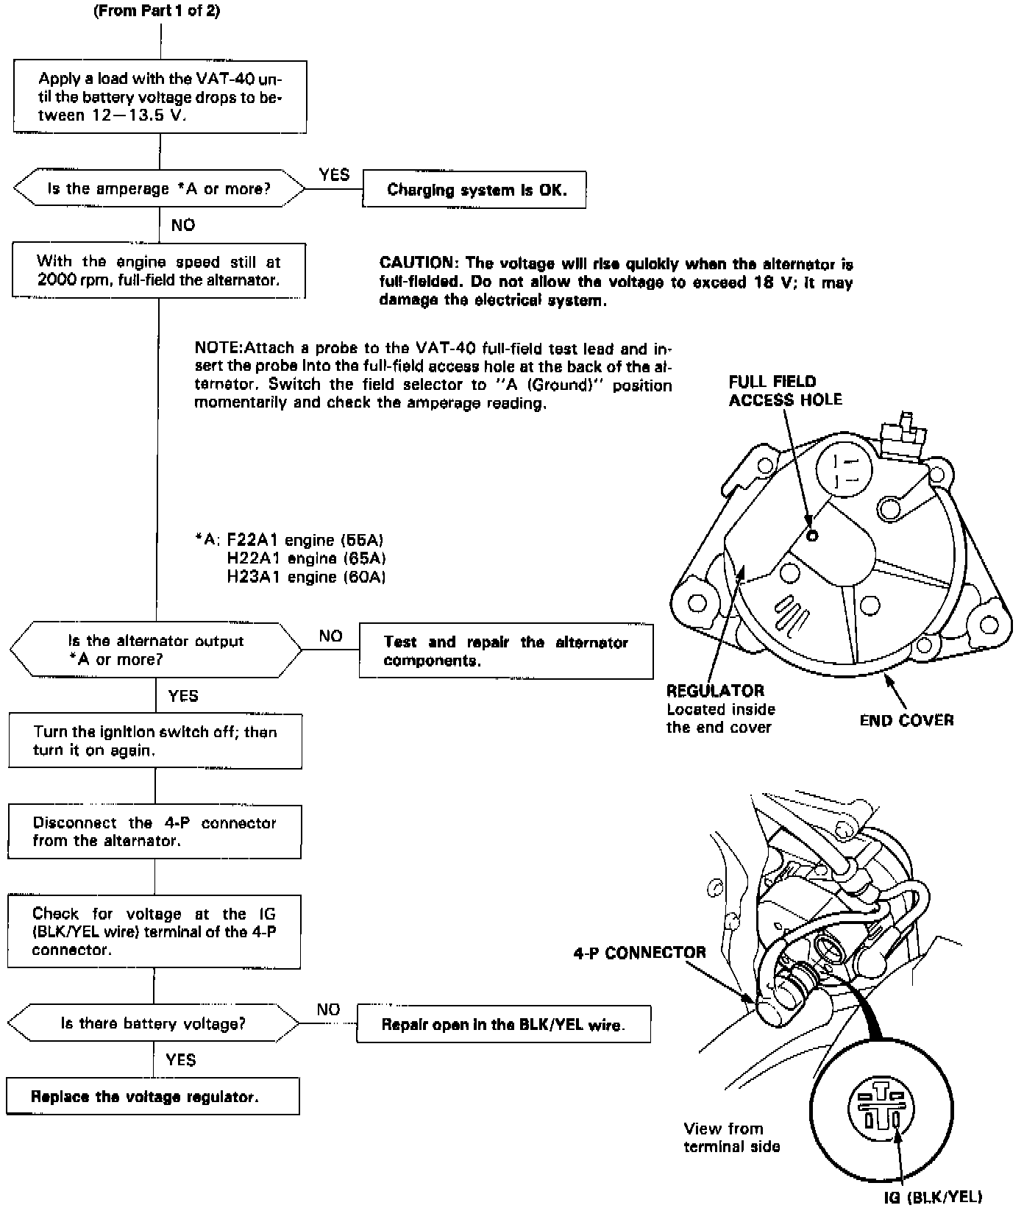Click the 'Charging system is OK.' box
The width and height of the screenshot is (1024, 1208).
pos(474,190)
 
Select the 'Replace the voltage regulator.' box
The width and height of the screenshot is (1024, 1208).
pos(153,1096)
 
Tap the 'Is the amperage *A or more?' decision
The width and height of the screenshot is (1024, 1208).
pos(159,189)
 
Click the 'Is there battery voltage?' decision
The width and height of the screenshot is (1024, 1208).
pos(153,1023)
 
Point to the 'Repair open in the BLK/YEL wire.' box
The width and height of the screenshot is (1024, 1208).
pos(503,1024)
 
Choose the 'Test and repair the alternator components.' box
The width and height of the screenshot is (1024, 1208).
pos(505,651)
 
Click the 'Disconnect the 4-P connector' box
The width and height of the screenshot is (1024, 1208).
pos(154,831)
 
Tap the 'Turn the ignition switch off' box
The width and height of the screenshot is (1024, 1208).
pos(155,741)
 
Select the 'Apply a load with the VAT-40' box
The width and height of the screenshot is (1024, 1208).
pos(160,97)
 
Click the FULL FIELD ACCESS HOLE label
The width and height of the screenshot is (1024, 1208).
pos(785,391)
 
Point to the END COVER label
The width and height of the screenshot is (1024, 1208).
pos(906,720)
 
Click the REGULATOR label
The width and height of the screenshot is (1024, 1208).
pos(715,691)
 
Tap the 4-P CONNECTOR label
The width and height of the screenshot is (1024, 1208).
pos(639,953)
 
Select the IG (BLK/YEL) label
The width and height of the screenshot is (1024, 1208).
pos(933,1197)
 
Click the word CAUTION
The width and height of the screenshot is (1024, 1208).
pos(416,263)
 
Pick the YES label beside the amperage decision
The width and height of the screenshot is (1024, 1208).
pos(335,174)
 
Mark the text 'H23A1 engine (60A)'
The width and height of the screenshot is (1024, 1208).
pos(306,577)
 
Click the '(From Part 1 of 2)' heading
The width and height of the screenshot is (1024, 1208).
pos(157,12)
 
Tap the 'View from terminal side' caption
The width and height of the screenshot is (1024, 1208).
pos(730,1137)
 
